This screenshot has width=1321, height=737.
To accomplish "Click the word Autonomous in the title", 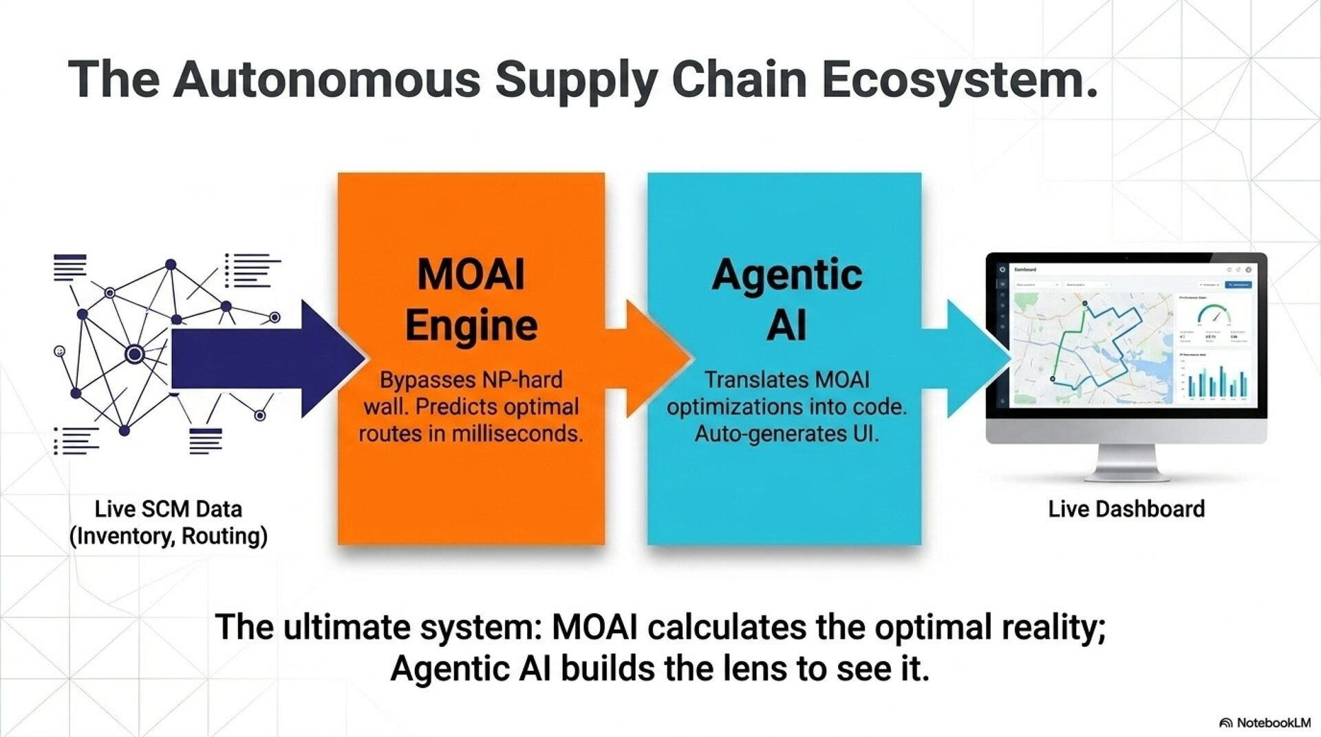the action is point(327,79).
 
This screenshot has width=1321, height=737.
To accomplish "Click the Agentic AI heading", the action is point(786,299).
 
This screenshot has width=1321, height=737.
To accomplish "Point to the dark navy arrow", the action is point(261,358).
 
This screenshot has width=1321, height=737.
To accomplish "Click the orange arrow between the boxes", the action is point(650,358).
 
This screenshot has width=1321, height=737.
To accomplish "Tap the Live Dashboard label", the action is point(1126,509).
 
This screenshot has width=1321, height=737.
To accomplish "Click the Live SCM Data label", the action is point(169,509).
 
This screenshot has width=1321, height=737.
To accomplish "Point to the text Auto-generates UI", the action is point(786,434).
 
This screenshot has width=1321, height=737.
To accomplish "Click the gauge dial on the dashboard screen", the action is point(1213,316).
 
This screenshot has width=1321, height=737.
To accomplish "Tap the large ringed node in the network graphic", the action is point(135,354).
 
